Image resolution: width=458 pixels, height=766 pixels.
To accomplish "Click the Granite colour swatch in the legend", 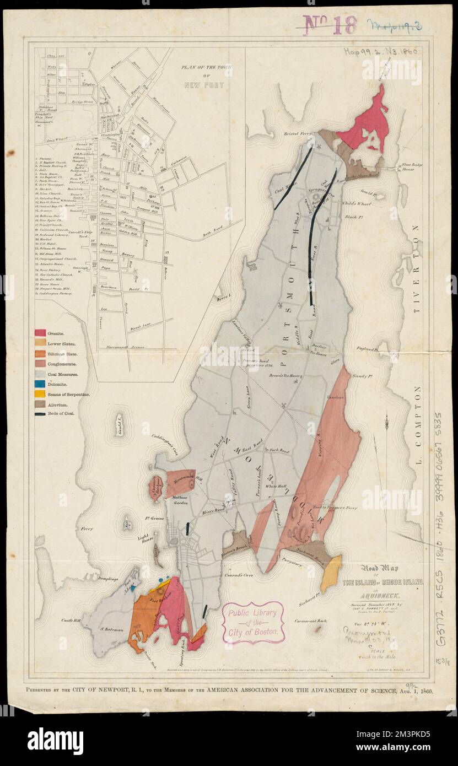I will pyautogui.click(x=40, y=333).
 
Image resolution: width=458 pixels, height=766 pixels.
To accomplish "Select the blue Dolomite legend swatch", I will pyautogui.click(x=40, y=384).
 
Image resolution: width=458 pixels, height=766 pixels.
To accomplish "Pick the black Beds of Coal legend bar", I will pyautogui.click(x=40, y=413).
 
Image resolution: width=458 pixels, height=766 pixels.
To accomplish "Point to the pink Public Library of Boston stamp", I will pyautogui.click(x=253, y=622).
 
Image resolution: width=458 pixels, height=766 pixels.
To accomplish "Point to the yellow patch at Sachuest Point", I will pyautogui.click(x=331, y=574).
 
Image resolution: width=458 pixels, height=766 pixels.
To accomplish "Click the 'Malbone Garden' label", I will pyautogui.click(x=172, y=501).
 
